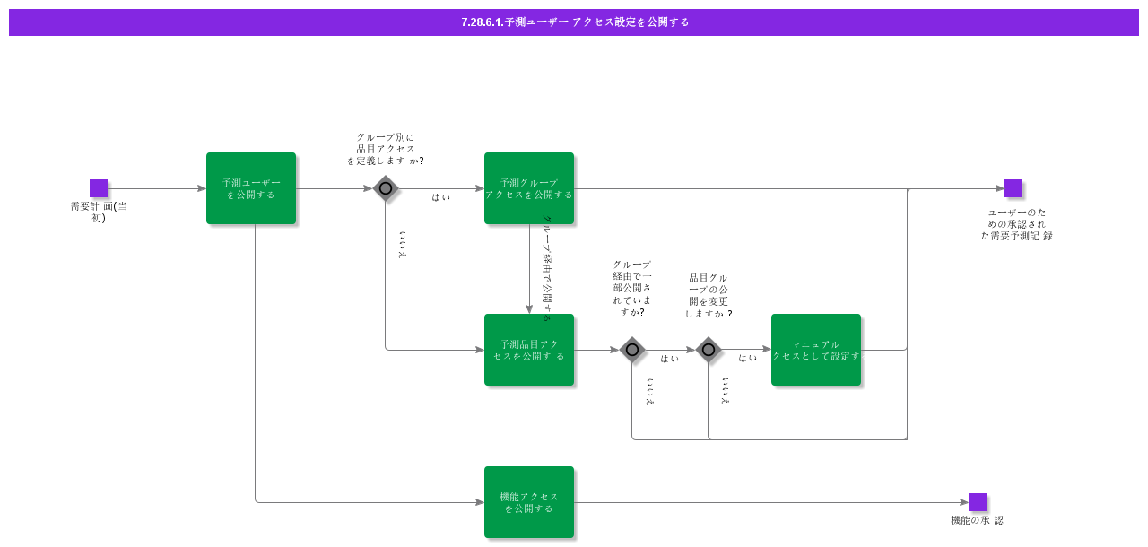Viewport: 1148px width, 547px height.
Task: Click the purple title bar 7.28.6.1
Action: (x=574, y=22)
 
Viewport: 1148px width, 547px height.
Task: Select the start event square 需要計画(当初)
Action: (x=99, y=188)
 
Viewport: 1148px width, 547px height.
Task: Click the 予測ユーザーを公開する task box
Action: (x=251, y=188)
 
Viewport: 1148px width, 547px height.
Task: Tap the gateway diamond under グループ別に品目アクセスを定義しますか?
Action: (x=386, y=188)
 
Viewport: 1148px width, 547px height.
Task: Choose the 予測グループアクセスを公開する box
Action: (x=529, y=188)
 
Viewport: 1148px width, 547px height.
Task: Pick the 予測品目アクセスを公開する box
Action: (x=529, y=350)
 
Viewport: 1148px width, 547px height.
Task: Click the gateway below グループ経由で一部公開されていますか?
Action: (x=632, y=350)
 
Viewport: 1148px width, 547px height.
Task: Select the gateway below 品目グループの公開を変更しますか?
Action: (x=709, y=350)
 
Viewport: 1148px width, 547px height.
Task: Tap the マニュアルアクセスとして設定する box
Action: (x=816, y=350)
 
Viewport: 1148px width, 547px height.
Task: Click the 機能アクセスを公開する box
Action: (x=529, y=502)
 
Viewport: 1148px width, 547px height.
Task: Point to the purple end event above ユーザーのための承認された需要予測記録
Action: (x=1013, y=188)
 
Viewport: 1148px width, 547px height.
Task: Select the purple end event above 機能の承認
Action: (x=978, y=502)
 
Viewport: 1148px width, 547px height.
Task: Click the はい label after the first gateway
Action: (x=440, y=197)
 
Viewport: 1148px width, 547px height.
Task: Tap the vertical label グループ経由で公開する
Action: (x=547, y=268)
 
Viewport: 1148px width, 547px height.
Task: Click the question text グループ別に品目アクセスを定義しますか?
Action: (x=386, y=149)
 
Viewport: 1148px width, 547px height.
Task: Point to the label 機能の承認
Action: (x=978, y=520)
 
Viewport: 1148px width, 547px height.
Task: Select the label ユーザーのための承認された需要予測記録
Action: (x=1017, y=224)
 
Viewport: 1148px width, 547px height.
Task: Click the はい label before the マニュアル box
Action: (x=747, y=358)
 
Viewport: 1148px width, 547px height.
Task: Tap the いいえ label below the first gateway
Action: (x=403, y=245)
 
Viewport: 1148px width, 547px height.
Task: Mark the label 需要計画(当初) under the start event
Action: (x=99, y=212)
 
